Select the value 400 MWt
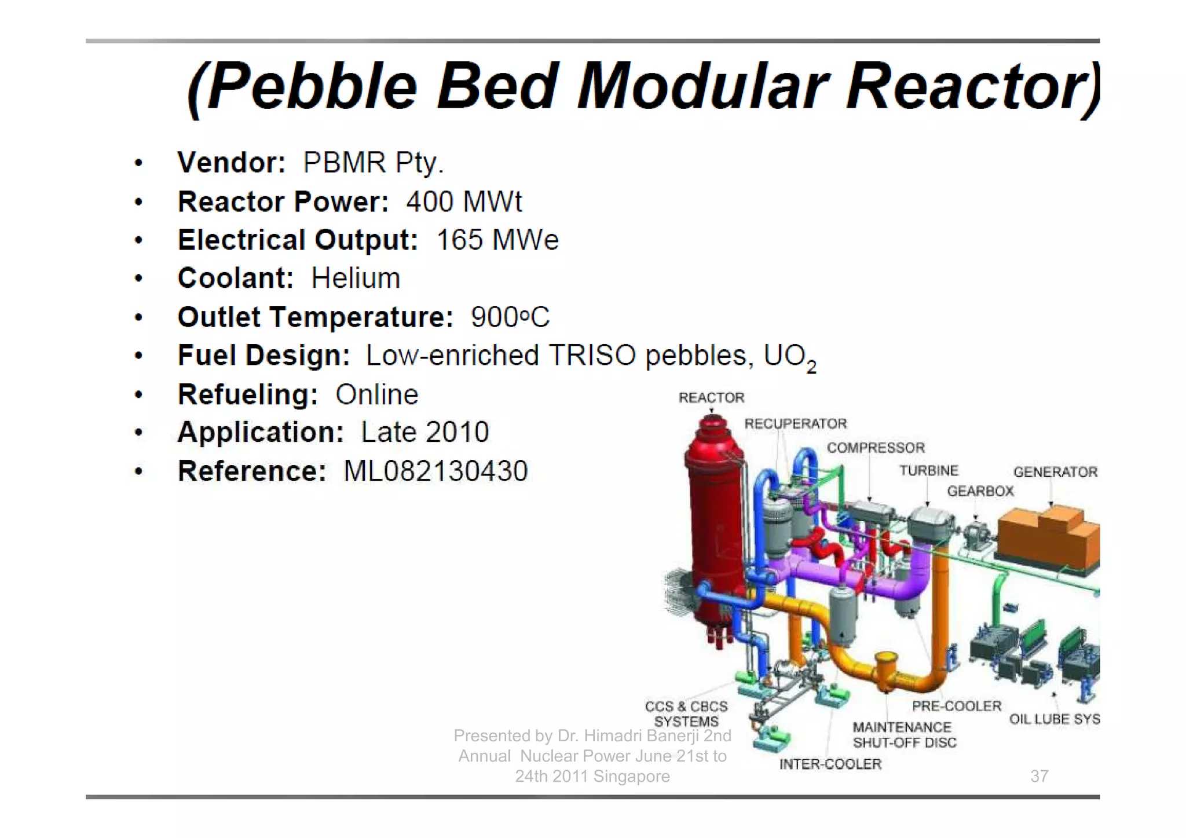tap(464, 202)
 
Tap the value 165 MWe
tap(497, 240)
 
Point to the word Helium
tap(356, 279)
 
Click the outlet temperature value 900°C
tap(510, 317)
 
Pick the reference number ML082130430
tap(435, 471)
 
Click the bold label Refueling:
tap(248, 395)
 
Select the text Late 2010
tap(425, 433)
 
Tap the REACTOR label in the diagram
tap(711, 398)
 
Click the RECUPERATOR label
tap(795, 424)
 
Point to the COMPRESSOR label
tap(876, 448)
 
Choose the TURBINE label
tap(929, 471)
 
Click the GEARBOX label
tap(980, 492)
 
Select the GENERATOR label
tap(1055, 473)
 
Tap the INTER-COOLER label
tap(830, 764)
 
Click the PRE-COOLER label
tap(957, 707)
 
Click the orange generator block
tap(1048, 536)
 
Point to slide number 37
tap(1039, 776)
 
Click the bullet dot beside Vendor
tap(138, 163)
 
